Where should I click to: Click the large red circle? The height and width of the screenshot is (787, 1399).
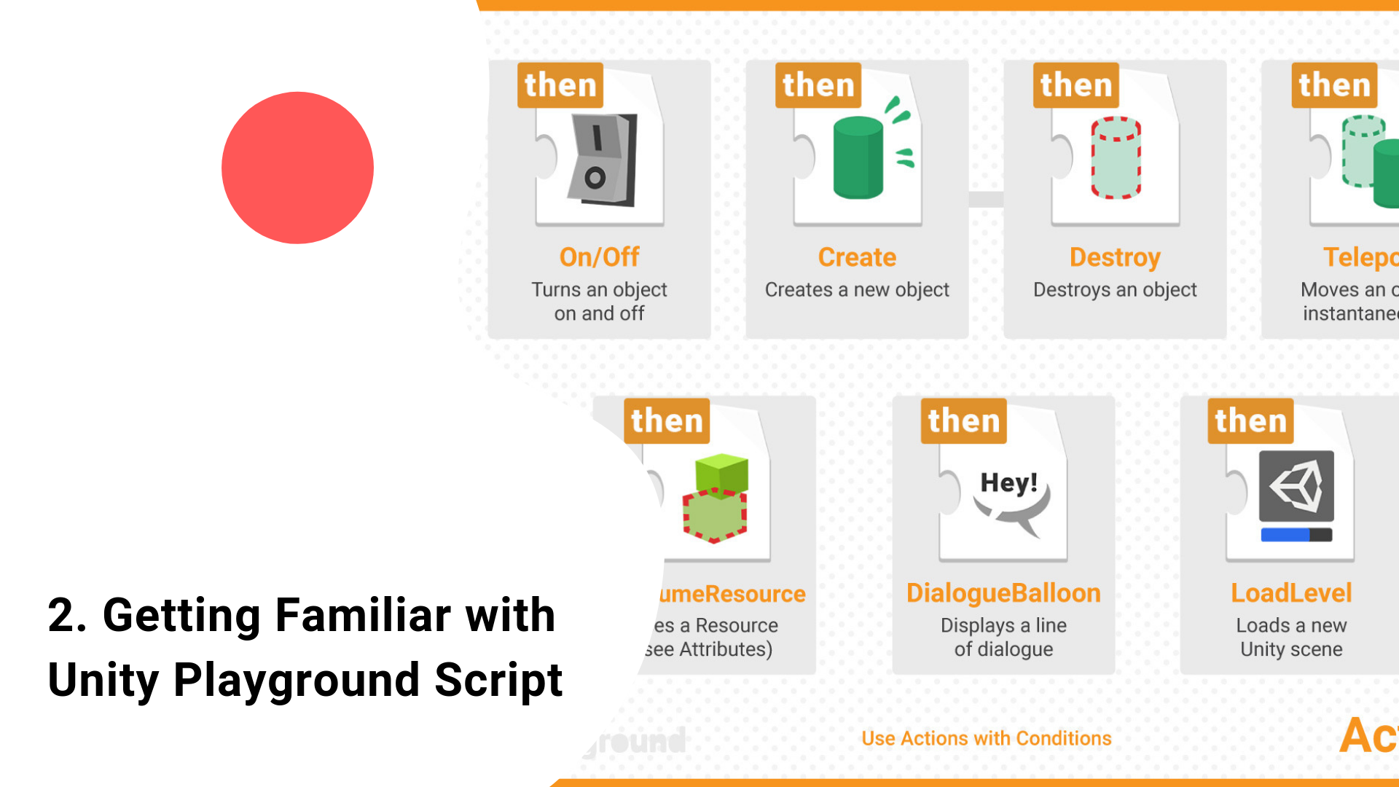(x=297, y=168)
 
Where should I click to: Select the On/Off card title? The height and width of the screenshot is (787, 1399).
(x=599, y=257)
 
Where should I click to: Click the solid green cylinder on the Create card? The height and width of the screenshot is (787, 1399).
(x=858, y=157)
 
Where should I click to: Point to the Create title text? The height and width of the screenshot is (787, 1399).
(x=857, y=257)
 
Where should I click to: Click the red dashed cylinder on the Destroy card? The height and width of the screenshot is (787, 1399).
(x=1116, y=157)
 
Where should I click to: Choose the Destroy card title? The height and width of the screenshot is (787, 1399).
(x=1115, y=257)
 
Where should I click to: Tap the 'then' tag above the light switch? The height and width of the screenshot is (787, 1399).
(x=560, y=85)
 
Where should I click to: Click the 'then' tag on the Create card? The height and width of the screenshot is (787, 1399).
(x=818, y=85)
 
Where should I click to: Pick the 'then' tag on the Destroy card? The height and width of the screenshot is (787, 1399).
(x=1076, y=85)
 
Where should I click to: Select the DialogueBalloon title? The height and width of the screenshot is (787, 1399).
(x=1003, y=593)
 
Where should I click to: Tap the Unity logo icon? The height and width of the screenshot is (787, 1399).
(x=1296, y=485)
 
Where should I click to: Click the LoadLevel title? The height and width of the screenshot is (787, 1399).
(x=1291, y=593)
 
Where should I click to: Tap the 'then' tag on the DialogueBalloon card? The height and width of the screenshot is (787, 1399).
(x=963, y=421)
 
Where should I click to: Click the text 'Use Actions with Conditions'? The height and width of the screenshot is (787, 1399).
(x=987, y=738)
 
